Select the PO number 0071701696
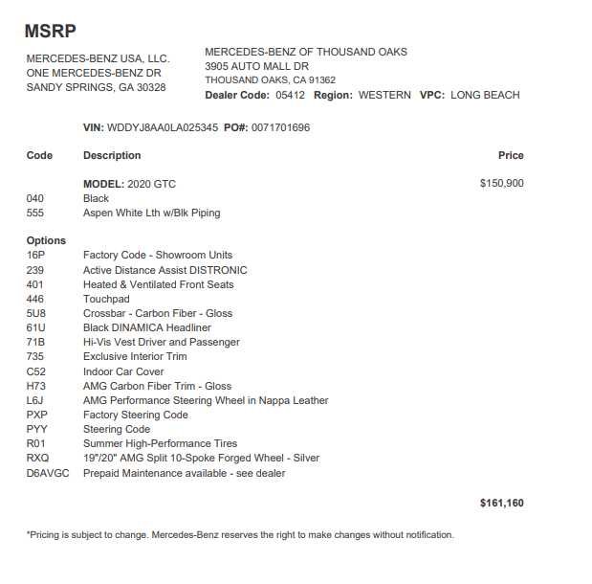click(280, 127)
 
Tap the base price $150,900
click(501, 184)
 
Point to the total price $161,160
click(501, 503)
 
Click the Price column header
click(511, 155)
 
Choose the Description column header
click(112, 155)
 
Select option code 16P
click(36, 256)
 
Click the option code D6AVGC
click(46, 472)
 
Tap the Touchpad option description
click(106, 299)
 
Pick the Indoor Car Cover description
click(123, 371)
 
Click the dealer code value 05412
click(290, 95)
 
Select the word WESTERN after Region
click(384, 95)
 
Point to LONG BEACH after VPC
click(485, 95)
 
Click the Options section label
click(46, 240)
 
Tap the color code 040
click(35, 198)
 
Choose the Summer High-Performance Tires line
click(160, 443)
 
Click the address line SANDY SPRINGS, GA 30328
click(96, 87)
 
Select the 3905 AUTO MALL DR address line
click(256, 66)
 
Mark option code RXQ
click(37, 458)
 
